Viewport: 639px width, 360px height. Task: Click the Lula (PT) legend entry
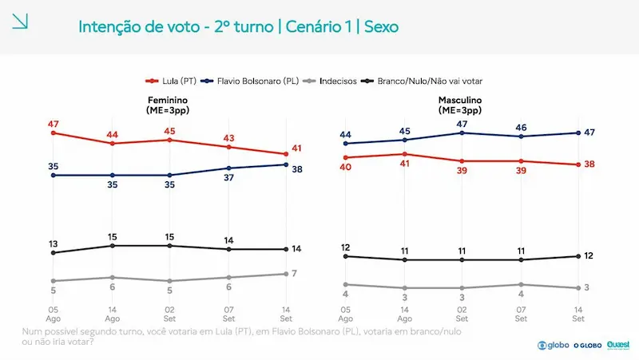(171, 81)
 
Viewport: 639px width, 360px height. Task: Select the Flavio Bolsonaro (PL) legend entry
(250, 81)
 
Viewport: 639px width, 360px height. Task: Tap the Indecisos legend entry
(330, 81)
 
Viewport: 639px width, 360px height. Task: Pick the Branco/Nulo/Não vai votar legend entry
(422, 81)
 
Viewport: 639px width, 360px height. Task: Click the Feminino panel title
(168, 105)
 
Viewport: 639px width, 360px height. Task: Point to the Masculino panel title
(460, 105)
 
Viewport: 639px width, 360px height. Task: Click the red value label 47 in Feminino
(54, 124)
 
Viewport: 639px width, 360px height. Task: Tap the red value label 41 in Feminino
(296, 148)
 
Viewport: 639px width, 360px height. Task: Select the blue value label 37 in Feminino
(228, 177)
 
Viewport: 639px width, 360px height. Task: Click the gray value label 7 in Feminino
(294, 273)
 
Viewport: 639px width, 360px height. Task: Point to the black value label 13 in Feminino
(54, 244)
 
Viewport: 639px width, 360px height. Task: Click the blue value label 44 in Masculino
(346, 134)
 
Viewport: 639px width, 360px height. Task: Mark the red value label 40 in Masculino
(346, 167)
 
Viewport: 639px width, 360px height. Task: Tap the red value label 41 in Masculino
(404, 164)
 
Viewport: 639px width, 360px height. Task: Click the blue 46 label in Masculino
(521, 128)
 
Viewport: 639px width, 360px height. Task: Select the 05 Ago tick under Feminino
(54, 314)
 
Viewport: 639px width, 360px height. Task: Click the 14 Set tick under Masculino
(578, 314)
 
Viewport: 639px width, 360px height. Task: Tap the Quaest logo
(618, 346)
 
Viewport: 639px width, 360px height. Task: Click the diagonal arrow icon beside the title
(20, 22)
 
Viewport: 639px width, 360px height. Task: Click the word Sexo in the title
(382, 27)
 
